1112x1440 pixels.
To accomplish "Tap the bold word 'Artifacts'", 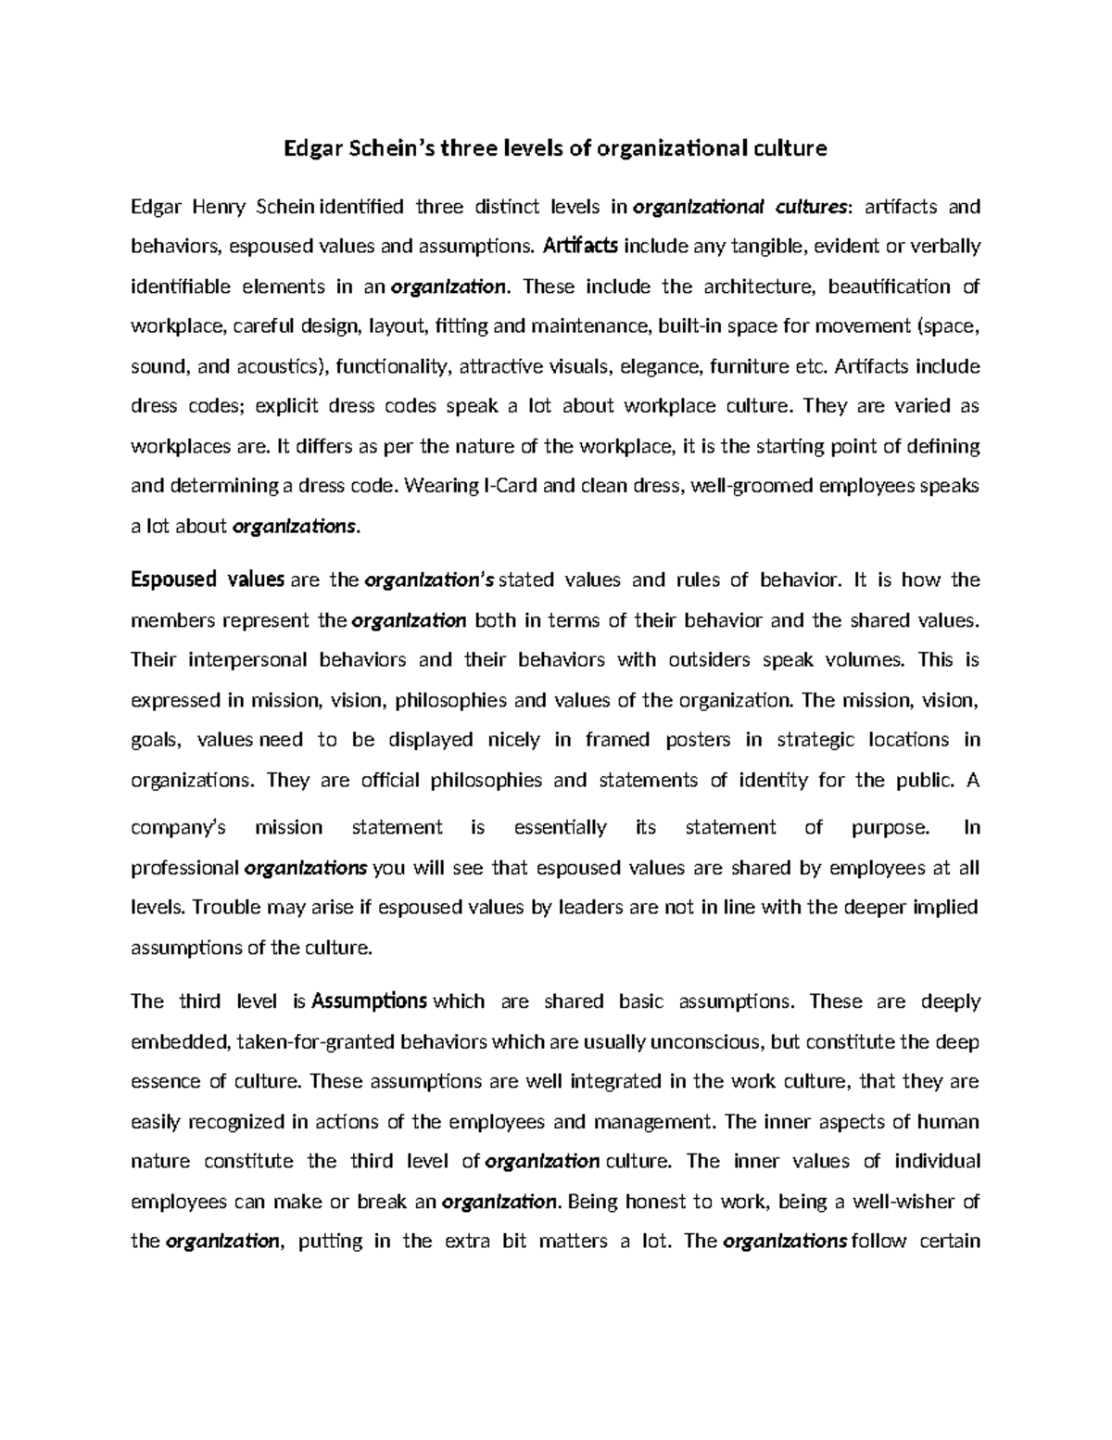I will [581, 246].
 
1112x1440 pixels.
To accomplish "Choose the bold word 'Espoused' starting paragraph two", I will [173, 580].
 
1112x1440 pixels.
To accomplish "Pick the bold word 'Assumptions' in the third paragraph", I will [370, 1001].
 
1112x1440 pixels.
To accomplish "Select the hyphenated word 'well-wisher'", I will [900, 1202].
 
